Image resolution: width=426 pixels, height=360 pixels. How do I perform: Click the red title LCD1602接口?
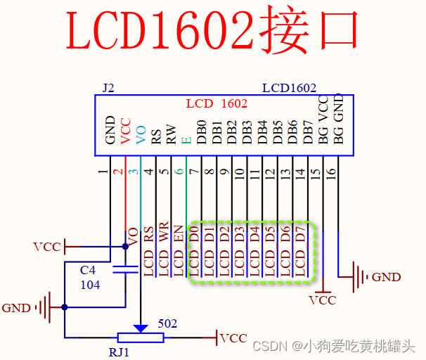[213, 31]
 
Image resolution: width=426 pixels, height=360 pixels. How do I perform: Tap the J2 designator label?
[108, 89]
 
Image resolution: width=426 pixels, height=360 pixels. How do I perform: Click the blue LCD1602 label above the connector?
[289, 89]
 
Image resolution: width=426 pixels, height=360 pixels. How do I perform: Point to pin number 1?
[103, 171]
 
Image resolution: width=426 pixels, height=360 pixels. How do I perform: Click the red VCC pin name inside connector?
[126, 131]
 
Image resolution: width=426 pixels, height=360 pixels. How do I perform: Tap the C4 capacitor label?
[88, 271]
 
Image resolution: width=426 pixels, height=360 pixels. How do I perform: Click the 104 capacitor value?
[90, 285]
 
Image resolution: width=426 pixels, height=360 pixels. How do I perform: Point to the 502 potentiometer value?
[167, 323]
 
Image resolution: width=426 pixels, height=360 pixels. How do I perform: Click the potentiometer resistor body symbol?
[141, 338]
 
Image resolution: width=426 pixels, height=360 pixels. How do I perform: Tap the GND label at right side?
[386, 277]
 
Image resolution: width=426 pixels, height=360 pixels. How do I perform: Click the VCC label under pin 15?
[323, 300]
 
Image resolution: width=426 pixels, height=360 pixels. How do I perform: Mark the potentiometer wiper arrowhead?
[141, 328]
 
